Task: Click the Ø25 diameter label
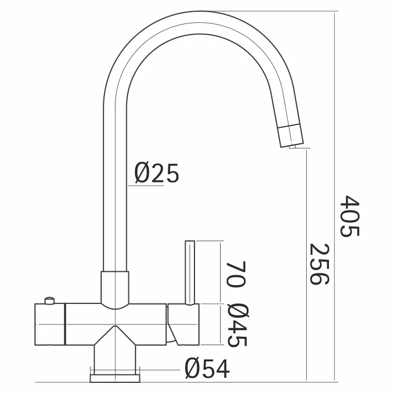point(157,174)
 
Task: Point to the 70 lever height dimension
point(236,272)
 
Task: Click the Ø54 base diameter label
point(206,367)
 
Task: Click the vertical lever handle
point(189,272)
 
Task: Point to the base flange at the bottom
point(114,378)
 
